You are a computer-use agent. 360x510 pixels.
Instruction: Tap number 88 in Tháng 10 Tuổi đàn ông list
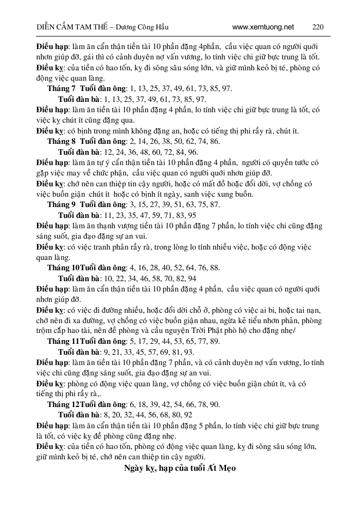(x=215, y=268)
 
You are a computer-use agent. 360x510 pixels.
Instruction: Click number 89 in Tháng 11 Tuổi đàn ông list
(x=215, y=341)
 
